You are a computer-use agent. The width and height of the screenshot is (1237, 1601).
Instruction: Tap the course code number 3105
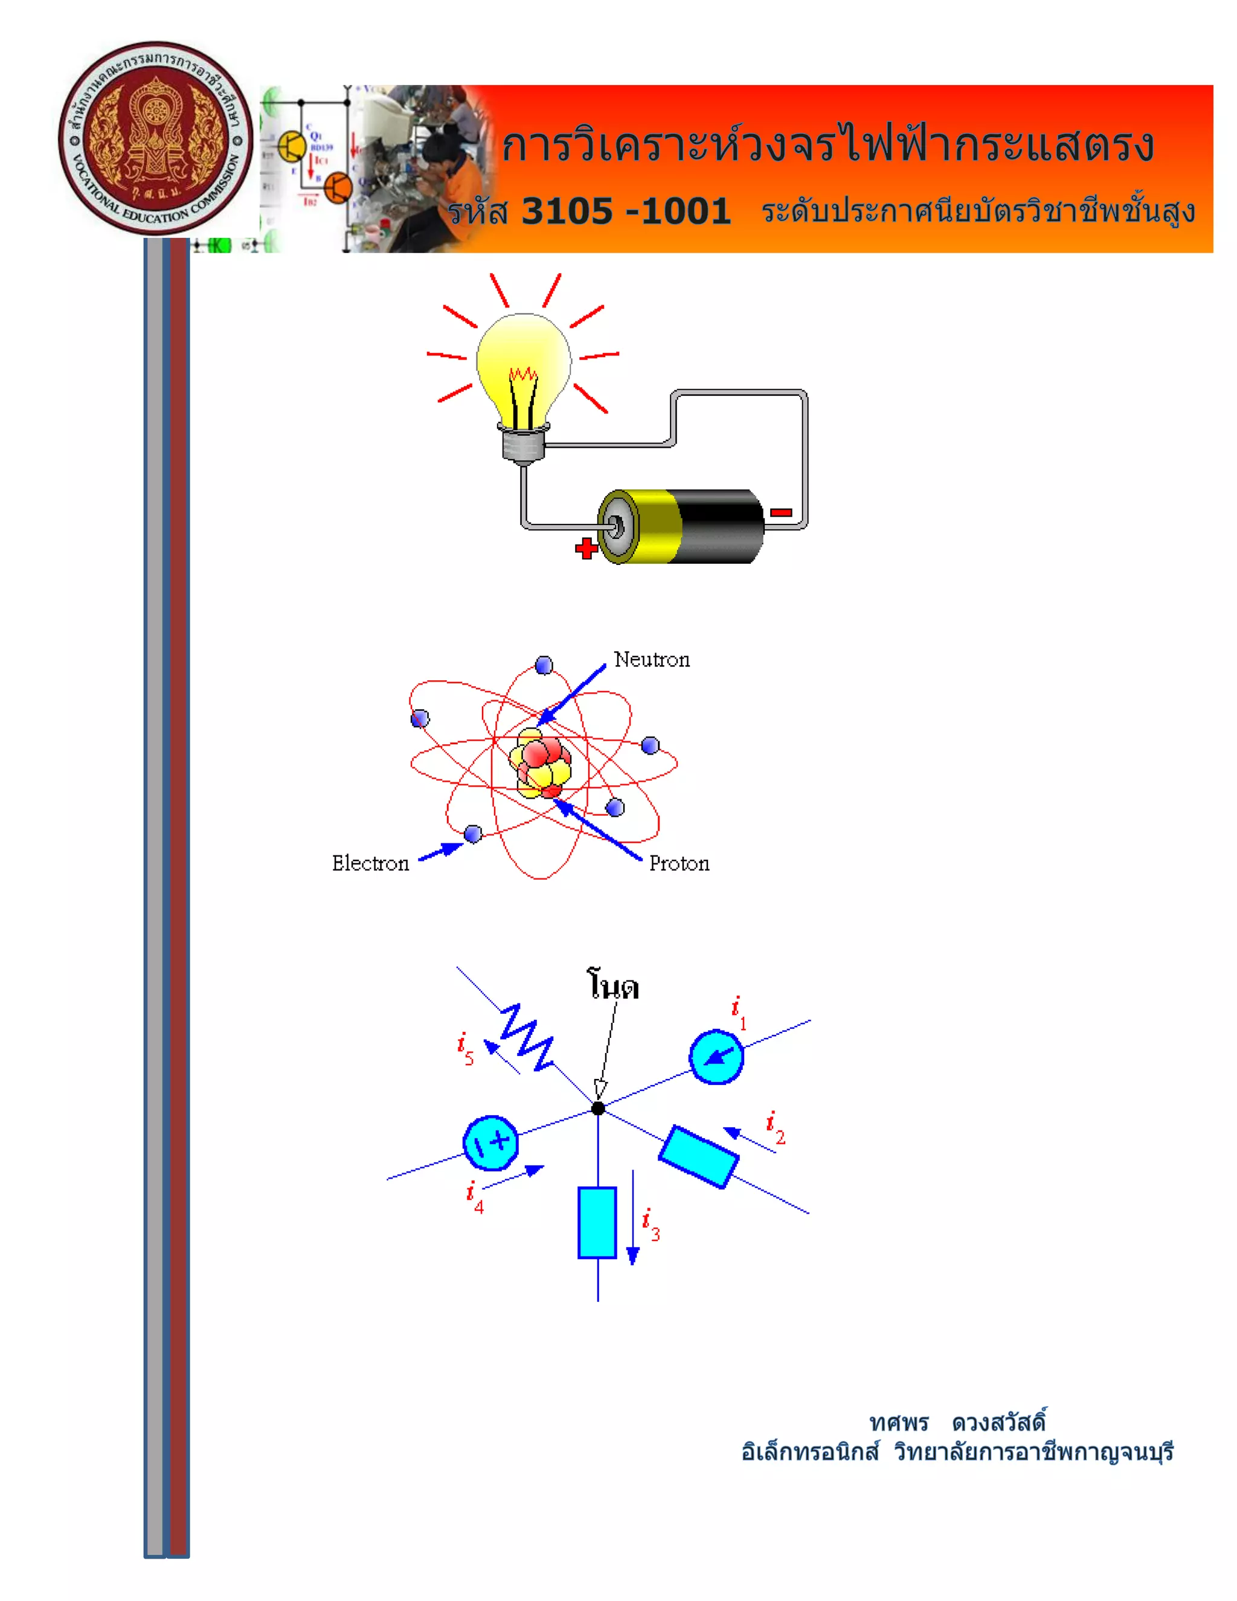(567, 212)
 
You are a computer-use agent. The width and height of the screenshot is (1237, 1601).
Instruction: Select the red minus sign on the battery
(781, 512)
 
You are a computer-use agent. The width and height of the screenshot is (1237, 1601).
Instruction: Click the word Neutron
(652, 660)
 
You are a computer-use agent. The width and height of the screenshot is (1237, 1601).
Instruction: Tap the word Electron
(370, 863)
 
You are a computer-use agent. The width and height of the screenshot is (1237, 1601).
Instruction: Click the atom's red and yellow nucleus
(541, 762)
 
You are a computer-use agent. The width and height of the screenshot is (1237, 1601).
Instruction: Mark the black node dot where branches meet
(599, 1109)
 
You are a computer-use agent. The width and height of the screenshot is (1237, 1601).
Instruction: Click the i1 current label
(739, 1013)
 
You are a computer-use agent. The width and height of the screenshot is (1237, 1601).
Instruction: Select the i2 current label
(774, 1127)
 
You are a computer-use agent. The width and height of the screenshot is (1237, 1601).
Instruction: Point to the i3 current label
(650, 1225)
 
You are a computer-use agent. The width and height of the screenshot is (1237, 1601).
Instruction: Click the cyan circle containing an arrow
(716, 1056)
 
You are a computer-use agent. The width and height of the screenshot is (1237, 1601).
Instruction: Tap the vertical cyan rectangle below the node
(597, 1222)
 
